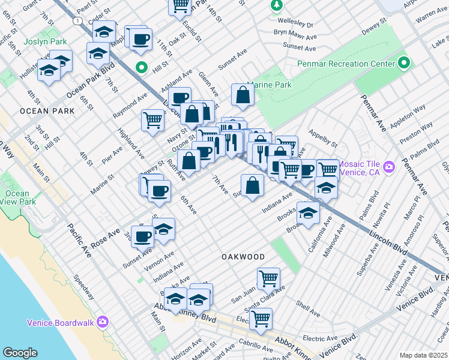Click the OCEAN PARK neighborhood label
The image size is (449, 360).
click(x=47, y=111)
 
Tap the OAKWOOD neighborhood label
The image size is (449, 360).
click(x=243, y=257)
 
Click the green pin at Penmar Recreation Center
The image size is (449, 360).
click(x=403, y=63)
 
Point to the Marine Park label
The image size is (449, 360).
click(x=269, y=85)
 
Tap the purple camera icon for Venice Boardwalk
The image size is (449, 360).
click(x=103, y=323)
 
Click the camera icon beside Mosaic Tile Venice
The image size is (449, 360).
click(x=390, y=166)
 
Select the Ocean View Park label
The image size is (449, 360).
click(x=17, y=198)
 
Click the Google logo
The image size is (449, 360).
click(x=20, y=352)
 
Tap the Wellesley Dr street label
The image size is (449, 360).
click(x=294, y=25)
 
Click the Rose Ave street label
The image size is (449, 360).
click(x=106, y=238)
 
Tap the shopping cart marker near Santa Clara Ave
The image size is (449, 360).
click(x=268, y=278)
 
